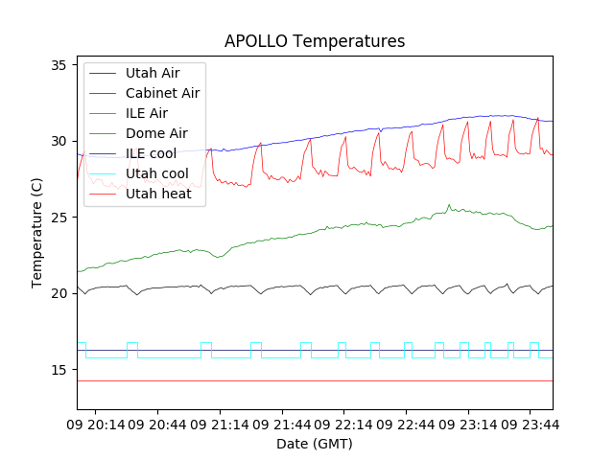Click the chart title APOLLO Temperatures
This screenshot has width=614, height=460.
(x=315, y=41)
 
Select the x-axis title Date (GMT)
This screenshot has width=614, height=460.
(x=315, y=444)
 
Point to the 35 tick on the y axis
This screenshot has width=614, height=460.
(x=59, y=65)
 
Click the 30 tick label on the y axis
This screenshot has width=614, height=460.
(x=59, y=141)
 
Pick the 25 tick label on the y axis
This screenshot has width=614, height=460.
(x=59, y=218)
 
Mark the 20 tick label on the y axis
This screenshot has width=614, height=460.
(x=59, y=293)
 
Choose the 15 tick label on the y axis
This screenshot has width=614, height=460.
(x=59, y=370)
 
